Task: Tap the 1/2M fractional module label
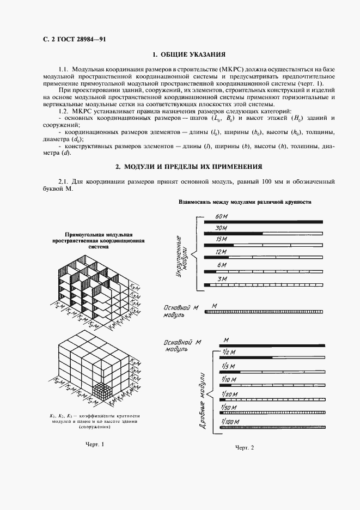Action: point(228,351)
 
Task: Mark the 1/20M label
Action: point(229,393)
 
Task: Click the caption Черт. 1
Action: point(94,445)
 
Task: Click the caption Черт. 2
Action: point(245,448)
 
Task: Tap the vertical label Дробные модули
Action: point(202,393)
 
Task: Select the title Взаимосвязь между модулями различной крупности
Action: point(245,202)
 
